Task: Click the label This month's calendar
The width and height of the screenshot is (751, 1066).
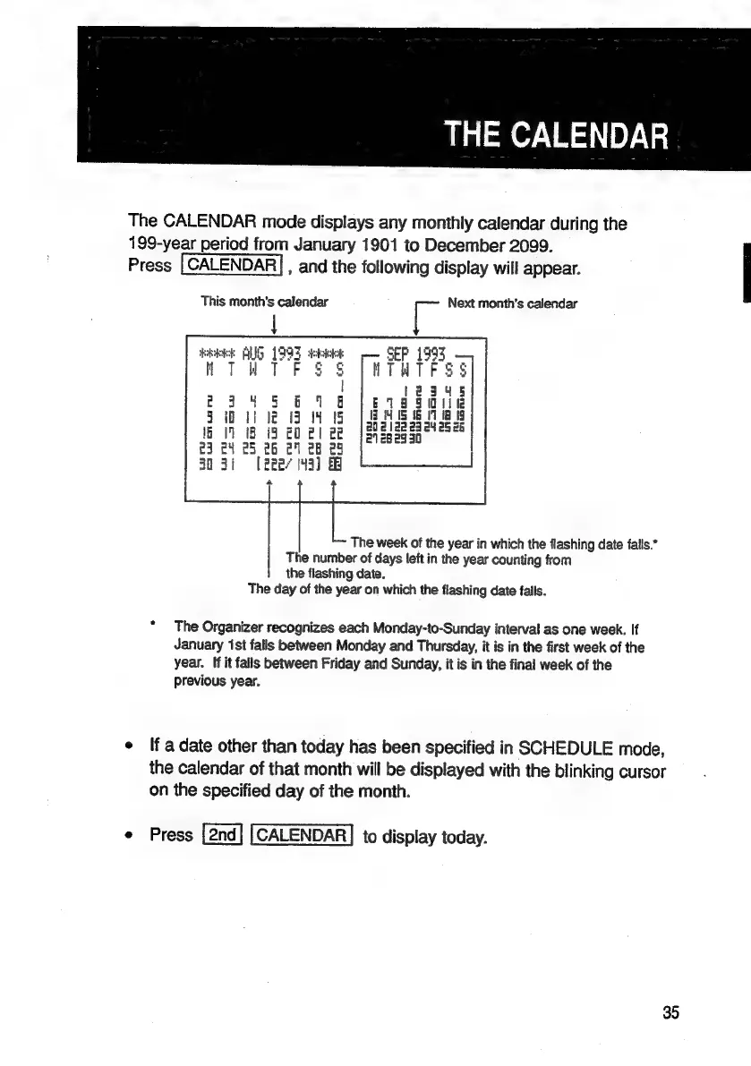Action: (264, 303)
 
